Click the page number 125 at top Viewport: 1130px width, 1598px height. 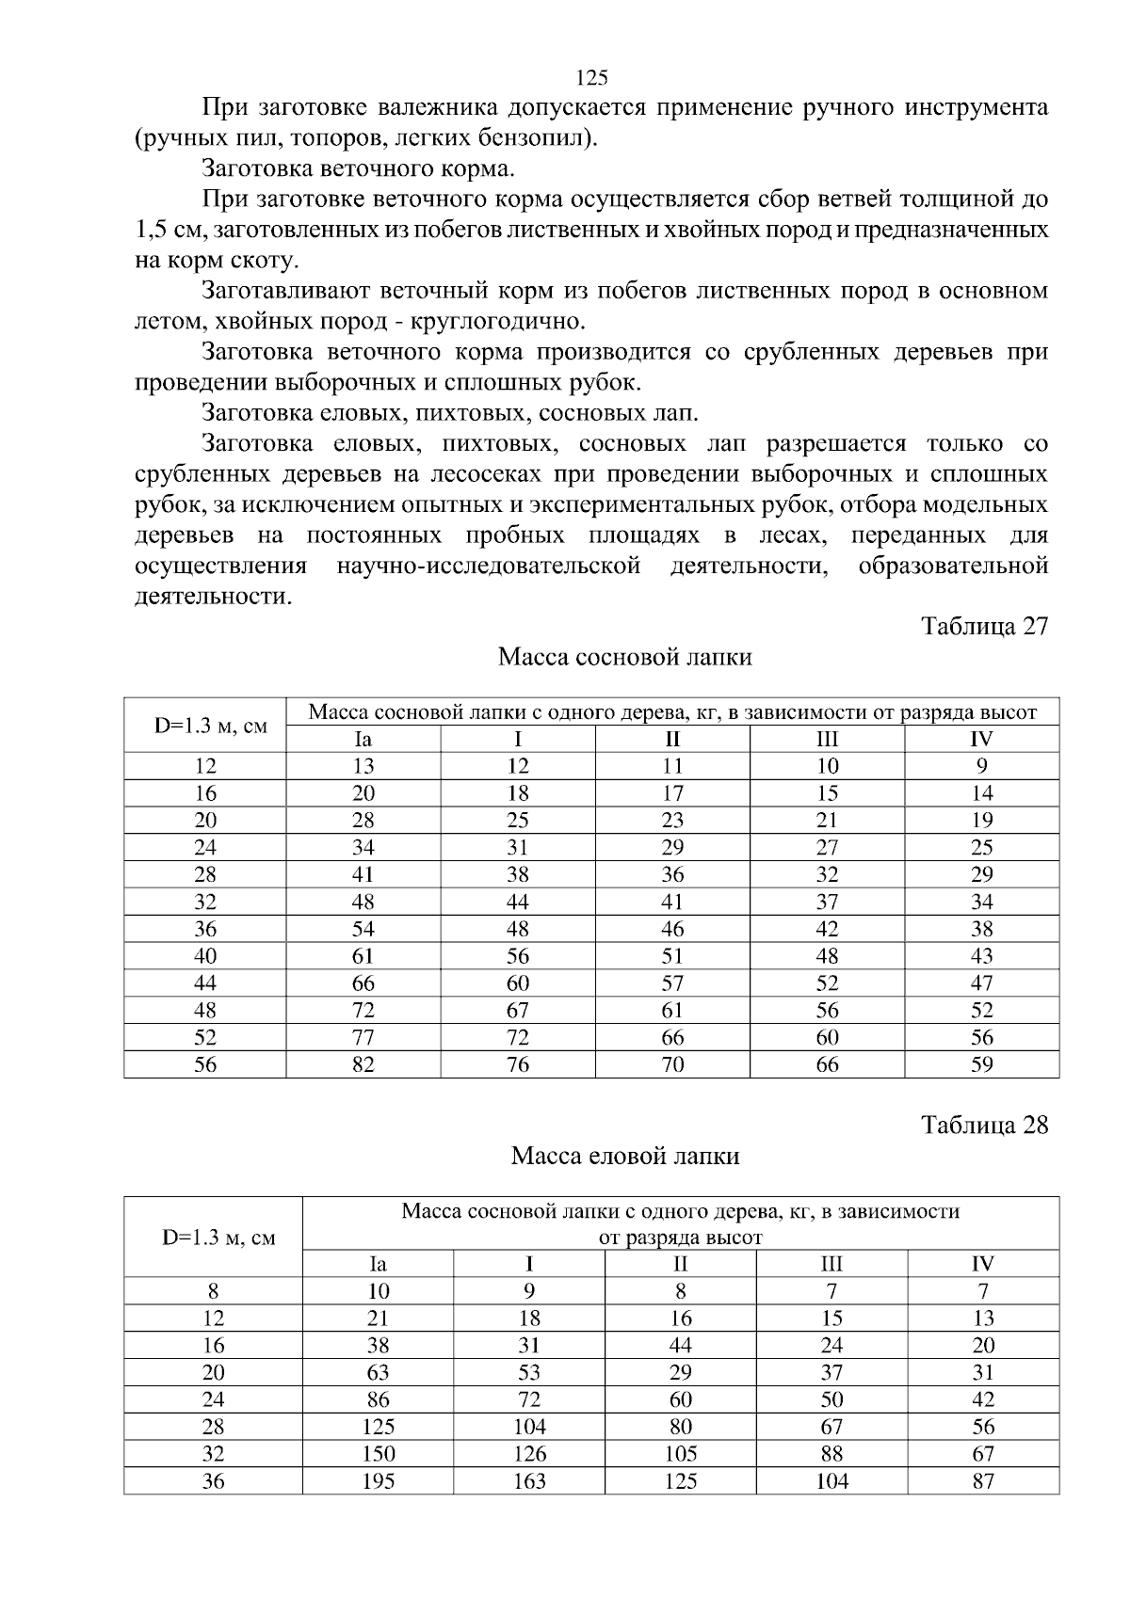[591, 77]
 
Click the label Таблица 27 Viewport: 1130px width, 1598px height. [984, 627]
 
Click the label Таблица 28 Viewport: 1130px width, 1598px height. [984, 1125]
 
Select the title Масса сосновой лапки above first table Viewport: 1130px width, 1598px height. [624, 657]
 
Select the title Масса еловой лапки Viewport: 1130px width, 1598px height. [624, 1155]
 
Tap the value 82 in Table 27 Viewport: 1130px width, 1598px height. [363, 1064]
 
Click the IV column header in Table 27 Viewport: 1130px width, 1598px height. [981, 739]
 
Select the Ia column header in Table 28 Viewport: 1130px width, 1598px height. [378, 1264]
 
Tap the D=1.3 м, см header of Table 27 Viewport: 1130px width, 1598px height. [205, 726]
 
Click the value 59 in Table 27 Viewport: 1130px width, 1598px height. [981, 1064]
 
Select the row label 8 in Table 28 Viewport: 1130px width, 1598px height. [214, 1291]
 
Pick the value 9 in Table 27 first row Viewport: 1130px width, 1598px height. [981, 766]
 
